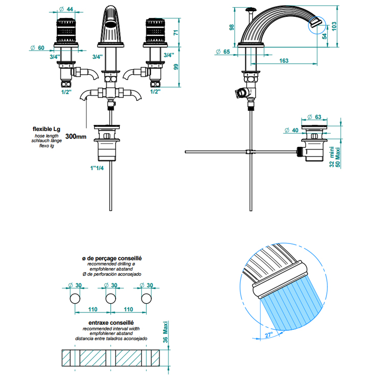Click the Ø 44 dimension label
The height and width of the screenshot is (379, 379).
pyautogui.click(x=66, y=9)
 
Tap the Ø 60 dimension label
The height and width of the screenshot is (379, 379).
pyautogui.click(x=37, y=48)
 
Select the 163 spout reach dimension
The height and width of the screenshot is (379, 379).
pyautogui.click(x=284, y=60)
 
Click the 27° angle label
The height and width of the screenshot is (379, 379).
pyautogui.click(x=269, y=335)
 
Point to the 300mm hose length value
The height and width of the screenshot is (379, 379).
pyautogui.click(x=76, y=137)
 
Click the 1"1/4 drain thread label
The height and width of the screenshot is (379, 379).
pyautogui.click(x=97, y=168)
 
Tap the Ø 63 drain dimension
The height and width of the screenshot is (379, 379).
pyautogui.click(x=314, y=117)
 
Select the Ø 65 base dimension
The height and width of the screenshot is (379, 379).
pyautogui.click(x=223, y=52)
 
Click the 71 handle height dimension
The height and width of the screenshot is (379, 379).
pyautogui.click(x=176, y=32)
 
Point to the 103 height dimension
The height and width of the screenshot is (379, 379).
pyautogui.click(x=334, y=26)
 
